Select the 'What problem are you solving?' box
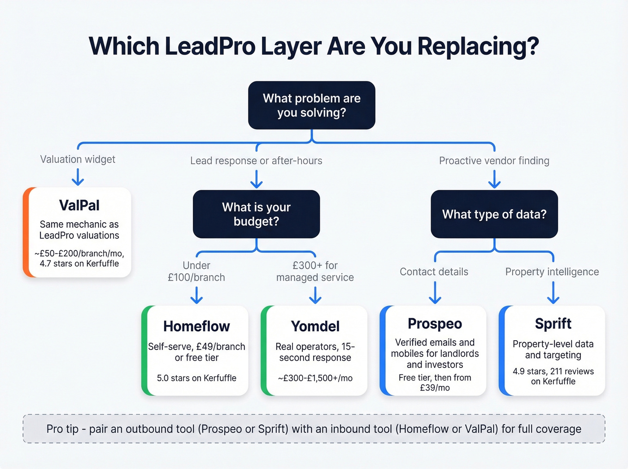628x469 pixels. coord(312,105)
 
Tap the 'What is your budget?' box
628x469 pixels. coord(256,214)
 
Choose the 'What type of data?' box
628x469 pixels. coord(494,214)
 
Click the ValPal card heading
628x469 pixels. coord(79,205)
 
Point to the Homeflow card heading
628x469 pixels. coord(196,326)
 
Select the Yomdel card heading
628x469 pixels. coord(315,326)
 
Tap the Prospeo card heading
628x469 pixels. coord(435,324)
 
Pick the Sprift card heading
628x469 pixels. coord(553,324)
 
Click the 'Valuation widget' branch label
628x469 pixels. coord(78,159)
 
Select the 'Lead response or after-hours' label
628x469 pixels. coord(256,161)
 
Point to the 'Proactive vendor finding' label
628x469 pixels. coord(494,161)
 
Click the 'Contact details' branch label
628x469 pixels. coord(434,272)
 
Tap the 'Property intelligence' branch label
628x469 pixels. coord(552,272)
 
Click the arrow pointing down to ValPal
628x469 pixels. coord(78,177)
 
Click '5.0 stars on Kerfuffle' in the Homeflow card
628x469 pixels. coord(196,378)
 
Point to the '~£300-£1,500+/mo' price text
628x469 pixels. coord(315,378)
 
